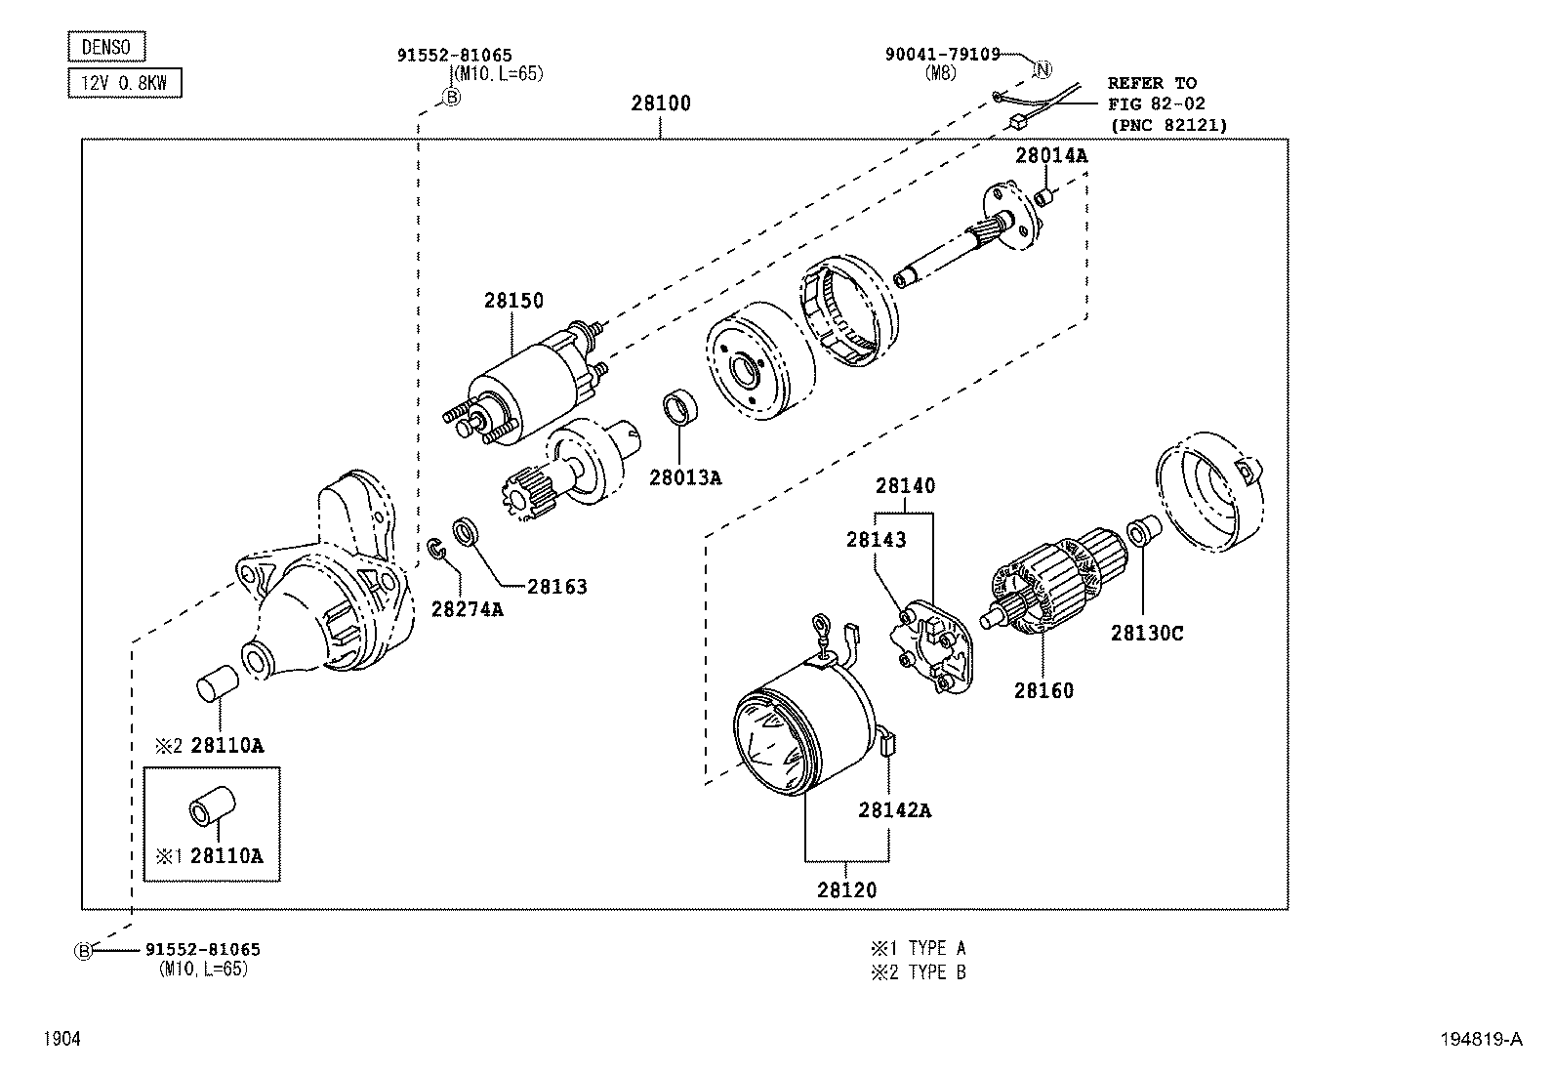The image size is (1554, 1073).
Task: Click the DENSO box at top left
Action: tap(106, 47)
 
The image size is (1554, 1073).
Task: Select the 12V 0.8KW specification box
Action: tap(125, 83)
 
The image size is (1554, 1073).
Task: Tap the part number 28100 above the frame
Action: tap(660, 103)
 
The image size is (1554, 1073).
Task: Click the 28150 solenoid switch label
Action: tap(513, 301)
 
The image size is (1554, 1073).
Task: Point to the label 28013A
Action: tap(685, 477)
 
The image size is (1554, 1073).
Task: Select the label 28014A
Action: tap(1050, 154)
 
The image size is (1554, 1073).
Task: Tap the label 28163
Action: tap(557, 587)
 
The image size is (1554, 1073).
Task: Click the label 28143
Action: tap(876, 539)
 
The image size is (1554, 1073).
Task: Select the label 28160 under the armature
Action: tap(1043, 691)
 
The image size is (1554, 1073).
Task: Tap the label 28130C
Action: tap(1146, 634)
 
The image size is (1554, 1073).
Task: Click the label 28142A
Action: tap(894, 810)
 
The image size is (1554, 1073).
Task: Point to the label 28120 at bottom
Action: tap(846, 890)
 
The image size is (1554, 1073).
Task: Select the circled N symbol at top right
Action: tap(1043, 68)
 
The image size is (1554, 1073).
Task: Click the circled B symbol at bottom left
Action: tap(84, 950)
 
